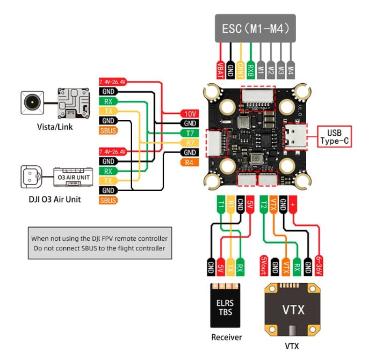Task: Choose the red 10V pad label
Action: [190, 114]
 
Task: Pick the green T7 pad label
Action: [190, 133]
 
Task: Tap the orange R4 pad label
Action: [190, 162]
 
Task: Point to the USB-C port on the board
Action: [296, 137]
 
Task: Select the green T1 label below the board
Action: [220, 204]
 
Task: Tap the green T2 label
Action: [264, 204]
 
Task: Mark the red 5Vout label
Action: [264, 264]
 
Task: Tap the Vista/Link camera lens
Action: [33, 102]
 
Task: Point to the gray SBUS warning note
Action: [99, 243]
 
